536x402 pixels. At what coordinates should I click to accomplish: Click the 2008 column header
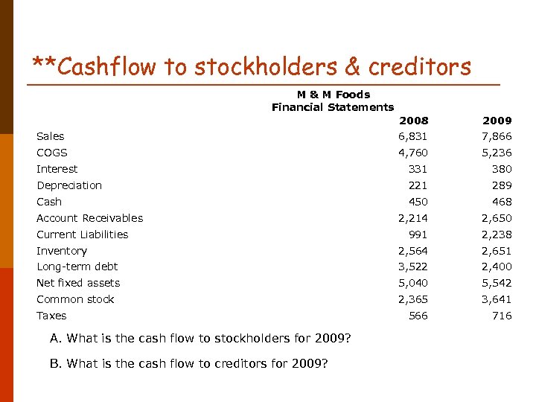tap(413, 121)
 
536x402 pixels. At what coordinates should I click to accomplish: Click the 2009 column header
tap(497, 121)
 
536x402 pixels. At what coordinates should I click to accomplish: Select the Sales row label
tap(51, 136)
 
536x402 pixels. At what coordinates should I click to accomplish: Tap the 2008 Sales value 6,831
tap(413, 136)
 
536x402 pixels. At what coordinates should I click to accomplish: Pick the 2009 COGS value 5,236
tap(497, 153)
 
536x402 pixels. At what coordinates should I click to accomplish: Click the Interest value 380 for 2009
tap(502, 169)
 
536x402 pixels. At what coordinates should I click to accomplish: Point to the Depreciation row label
tap(69, 185)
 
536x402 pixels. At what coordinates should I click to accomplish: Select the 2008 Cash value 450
tap(418, 202)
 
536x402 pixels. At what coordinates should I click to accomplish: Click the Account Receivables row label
tap(90, 218)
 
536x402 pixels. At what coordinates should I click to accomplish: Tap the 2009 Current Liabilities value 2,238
tap(497, 234)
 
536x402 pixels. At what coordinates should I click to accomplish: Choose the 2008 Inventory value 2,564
tap(413, 251)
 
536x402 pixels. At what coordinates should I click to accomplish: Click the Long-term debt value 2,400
tap(497, 267)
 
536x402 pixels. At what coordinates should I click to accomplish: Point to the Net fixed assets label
tap(78, 283)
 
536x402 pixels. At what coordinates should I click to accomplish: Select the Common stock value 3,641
tap(497, 299)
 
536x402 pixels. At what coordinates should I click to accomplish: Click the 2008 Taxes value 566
tap(418, 316)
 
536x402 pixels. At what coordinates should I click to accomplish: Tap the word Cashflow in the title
tap(106, 67)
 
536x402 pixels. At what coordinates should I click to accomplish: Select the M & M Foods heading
tap(333, 95)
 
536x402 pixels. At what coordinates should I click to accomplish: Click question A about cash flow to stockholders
tap(200, 339)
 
